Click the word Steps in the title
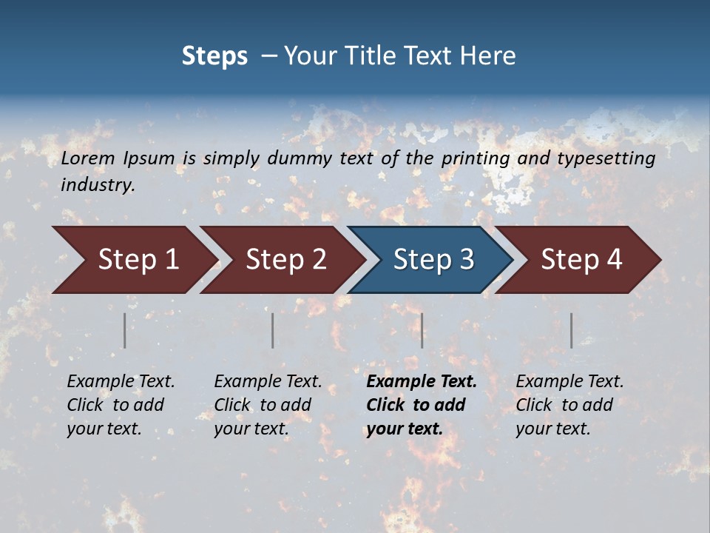tap(214, 56)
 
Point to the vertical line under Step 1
tap(125, 330)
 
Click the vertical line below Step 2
tap(273, 330)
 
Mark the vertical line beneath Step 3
tap(422, 330)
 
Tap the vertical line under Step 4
tap(572, 330)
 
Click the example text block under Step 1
tap(121, 405)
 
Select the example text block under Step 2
tap(268, 405)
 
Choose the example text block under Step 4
tap(569, 405)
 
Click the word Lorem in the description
tap(88, 158)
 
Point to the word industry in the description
tap(98, 185)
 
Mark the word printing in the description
tap(476, 158)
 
